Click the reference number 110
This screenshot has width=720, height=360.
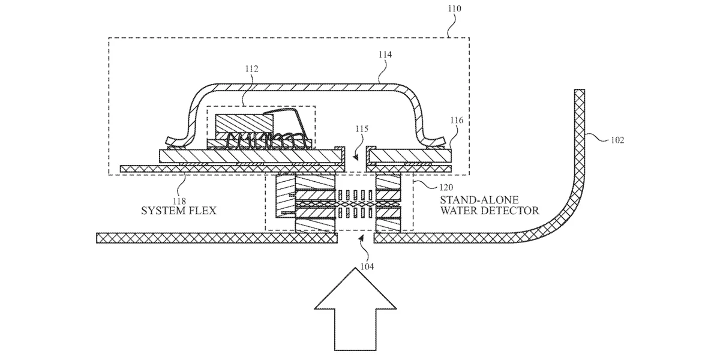pyautogui.click(x=455, y=8)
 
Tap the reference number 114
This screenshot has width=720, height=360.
pyautogui.click(x=385, y=55)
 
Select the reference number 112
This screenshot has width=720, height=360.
pyautogui.click(x=251, y=69)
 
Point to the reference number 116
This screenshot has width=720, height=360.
pyautogui.click(x=457, y=120)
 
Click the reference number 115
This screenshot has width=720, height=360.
pyautogui.click(x=362, y=129)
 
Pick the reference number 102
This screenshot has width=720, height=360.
pyautogui.click(x=617, y=140)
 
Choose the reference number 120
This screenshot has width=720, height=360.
pyautogui.click(x=446, y=187)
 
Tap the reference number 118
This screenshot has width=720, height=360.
pyautogui.click(x=179, y=201)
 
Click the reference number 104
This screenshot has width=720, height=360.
pyautogui.click(x=367, y=266)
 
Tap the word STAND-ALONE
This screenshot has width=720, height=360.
pyautogui.click(x=479, y=200)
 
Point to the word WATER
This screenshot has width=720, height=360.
pyautogui.click(x=459, y=211)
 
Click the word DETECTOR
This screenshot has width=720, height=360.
pyautogui.click(x=511, y=211)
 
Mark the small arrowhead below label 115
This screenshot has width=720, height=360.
pyautogui.click(x=355, y=157)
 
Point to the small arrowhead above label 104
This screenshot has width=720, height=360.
pyautogui.click(x=361, y=238)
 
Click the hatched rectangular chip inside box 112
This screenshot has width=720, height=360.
pyautogui.click(x=244, y=124)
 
